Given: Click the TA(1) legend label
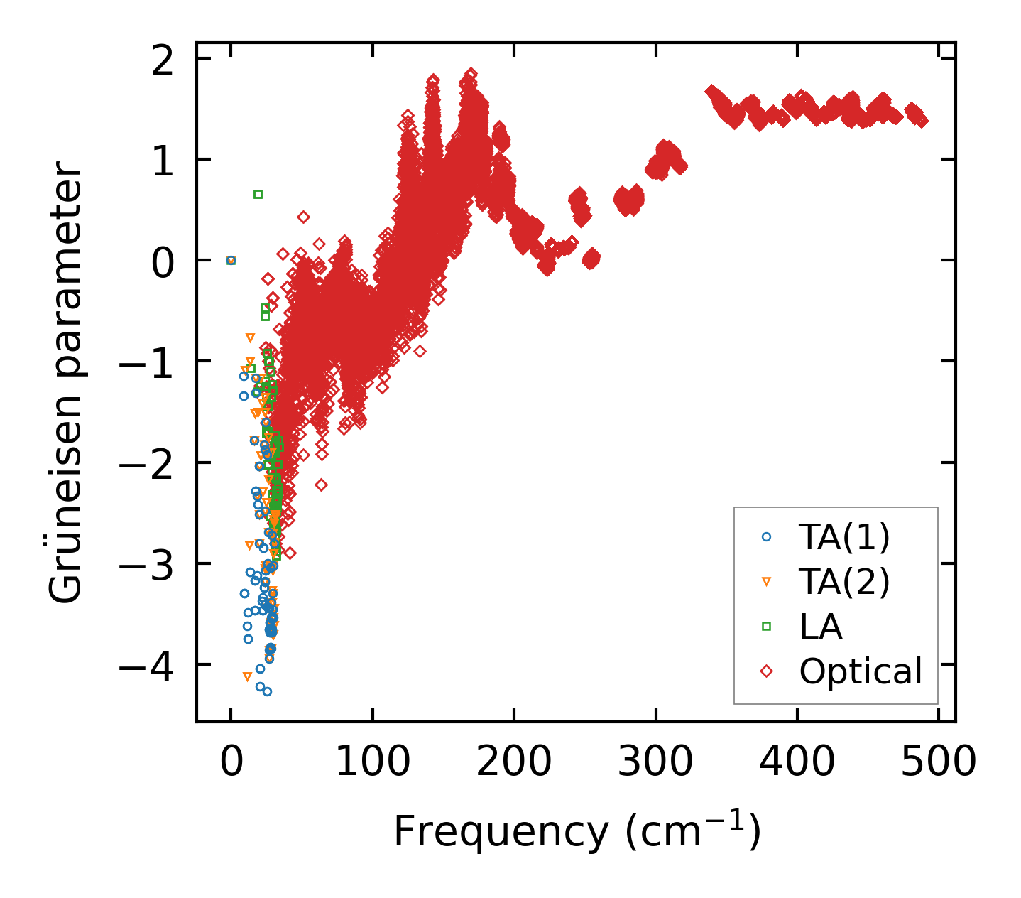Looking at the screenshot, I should (843, 538).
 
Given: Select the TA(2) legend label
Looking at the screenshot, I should (843, 582).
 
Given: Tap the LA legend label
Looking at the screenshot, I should (821, 627).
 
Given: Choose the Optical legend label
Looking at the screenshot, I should (861, 671).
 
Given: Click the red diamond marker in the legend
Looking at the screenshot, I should (766, 671).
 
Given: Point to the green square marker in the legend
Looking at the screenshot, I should (766, 627).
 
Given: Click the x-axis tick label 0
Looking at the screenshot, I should (231, 762).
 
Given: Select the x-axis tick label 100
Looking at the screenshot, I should (372, 762).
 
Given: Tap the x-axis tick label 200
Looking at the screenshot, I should (513, 762).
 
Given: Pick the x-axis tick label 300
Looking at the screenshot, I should (655, 762).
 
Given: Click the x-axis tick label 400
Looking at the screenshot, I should (797, 762).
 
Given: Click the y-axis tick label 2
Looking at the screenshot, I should (163, 60).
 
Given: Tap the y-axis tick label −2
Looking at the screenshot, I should (146, 463).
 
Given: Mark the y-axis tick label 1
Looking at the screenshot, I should (163, 161).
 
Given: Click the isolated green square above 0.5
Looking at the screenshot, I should (258, 194).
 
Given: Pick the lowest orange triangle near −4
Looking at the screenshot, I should (247, 677).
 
